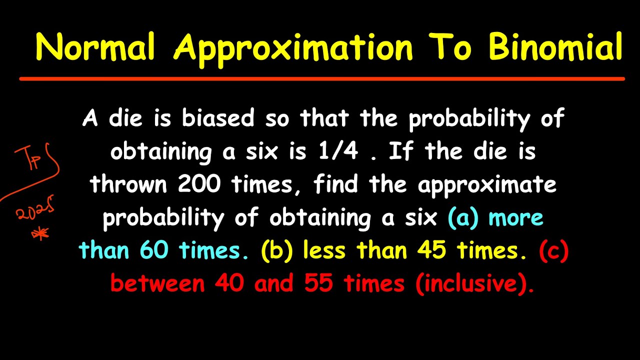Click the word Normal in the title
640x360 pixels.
95,47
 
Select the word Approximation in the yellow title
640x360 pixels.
293,47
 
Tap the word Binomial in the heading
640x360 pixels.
555,47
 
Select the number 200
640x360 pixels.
199,185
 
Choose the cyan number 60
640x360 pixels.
154,250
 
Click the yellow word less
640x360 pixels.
325,250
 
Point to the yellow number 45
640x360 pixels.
432,250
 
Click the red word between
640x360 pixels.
157,283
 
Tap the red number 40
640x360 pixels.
229,283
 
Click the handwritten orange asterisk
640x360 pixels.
40,233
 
